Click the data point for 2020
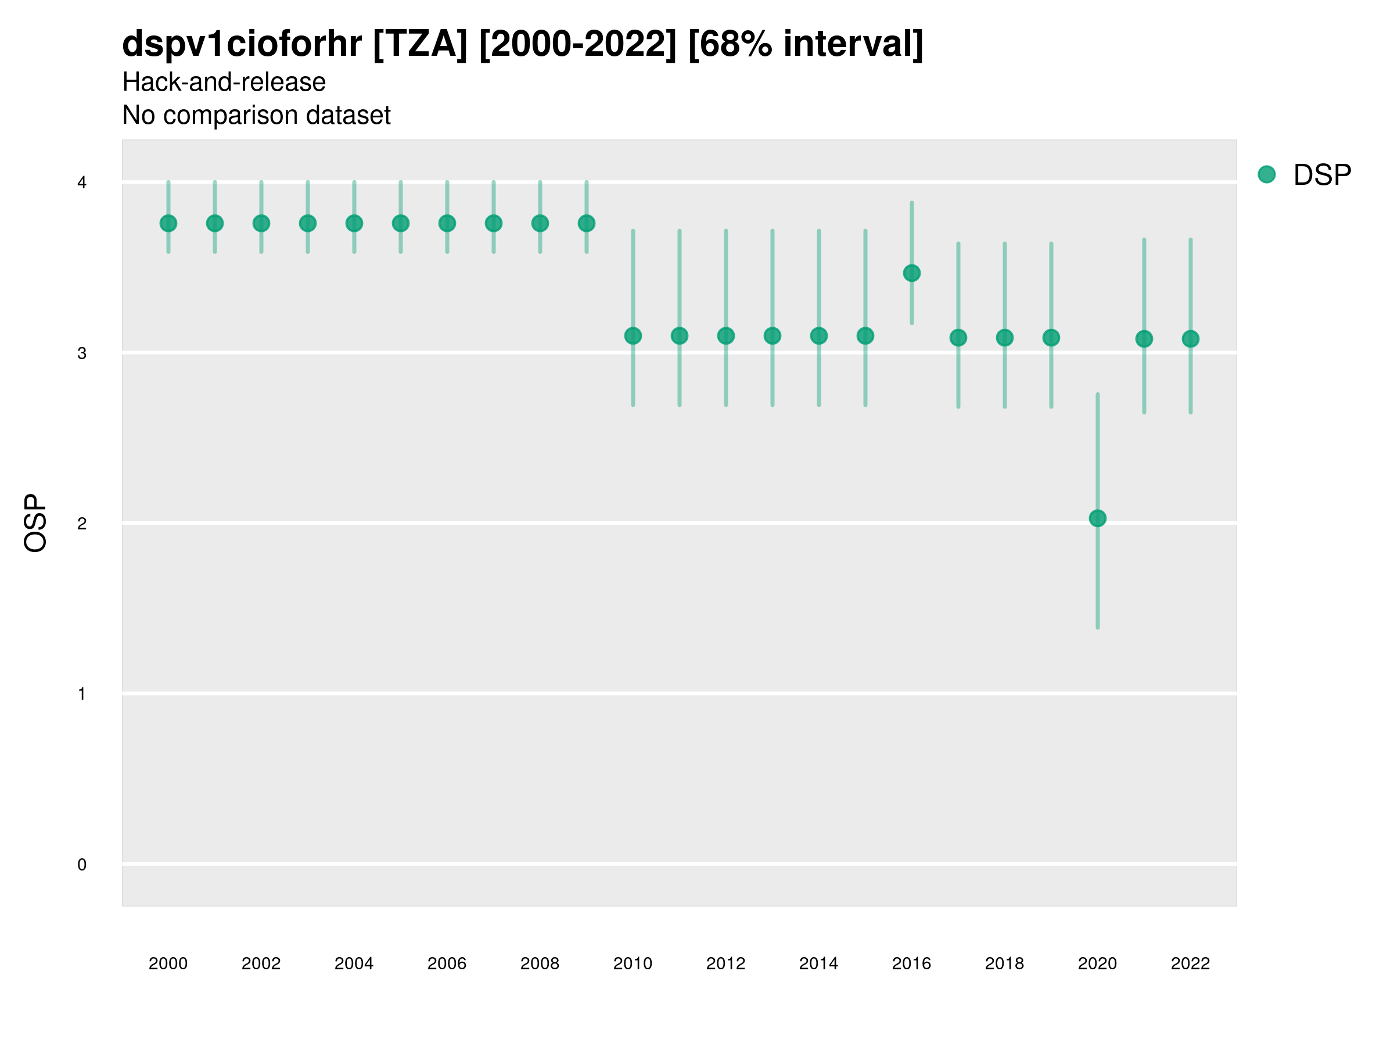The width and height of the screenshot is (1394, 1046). pyautogui.click(x=1097, y=518)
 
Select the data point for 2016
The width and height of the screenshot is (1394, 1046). pyautogui.click(x=911, y=273)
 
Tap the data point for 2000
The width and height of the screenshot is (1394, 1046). pyautogui.click(x=168, y=223)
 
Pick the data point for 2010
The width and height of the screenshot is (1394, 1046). pyautogui.click(x=633, y=336)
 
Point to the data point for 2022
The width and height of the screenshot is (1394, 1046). pyautogui.click(x=1191, y=339)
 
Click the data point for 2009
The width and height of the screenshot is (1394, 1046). pyautogui.click(x=586, y=223)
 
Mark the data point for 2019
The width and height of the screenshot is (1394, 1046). pyautogui.click(x=1051, y=338)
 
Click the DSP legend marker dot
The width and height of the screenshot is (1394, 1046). pyautogui.click(x=1266, y=175)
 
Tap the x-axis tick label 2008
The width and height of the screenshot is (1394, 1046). pyautogui.click(x=540, y=963)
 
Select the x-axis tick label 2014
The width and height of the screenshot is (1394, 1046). pyautogui.click(x=818, y=963)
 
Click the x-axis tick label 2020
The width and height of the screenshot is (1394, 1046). pyautogui.click(x=1097, y=963)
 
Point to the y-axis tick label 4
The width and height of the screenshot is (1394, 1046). pyautogui.click(x=82, y=183)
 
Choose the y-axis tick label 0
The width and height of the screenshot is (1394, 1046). pyautogui.click(x=82, y=865)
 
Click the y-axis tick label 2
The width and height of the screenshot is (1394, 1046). pyautogui.click(x=82, y=524)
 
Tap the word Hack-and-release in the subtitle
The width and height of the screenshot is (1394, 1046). pyautogui.click(x=224, y=82)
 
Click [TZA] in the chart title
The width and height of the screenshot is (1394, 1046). pyautogui.click(x=420, y=44)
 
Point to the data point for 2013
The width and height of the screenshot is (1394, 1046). pyautogui.click(x=772, y=336)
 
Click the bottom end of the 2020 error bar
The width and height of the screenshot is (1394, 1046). pyautogui.click(x=1097, y=628)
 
